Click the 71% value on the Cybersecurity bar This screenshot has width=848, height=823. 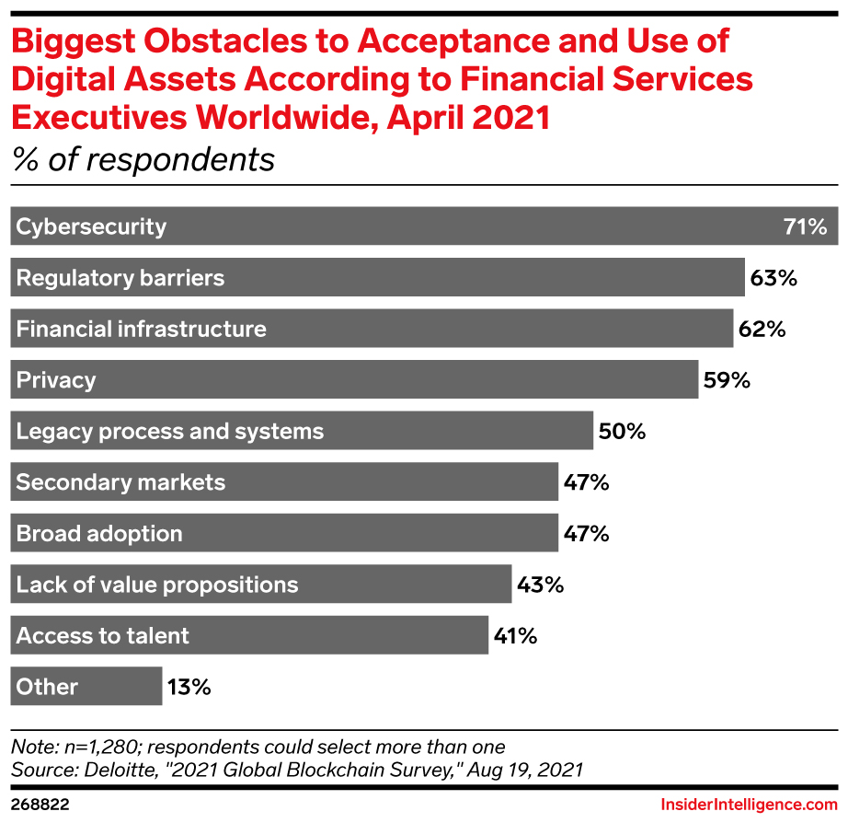(x=805, y=226)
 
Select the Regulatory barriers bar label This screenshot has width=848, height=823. (x=120, y=278)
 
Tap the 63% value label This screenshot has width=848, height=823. (x=773, y=278)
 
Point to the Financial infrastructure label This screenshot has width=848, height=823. (x=142, y=329)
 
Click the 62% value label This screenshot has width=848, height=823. (x=762, y=329)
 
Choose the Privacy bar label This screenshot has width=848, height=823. (x=56, y=380)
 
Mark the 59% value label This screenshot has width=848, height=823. (x=727, y=380)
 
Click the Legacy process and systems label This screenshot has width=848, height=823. (x=170, y=431)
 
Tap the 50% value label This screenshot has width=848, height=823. (x=622, y=431)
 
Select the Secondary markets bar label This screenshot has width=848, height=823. (x=120, y=482)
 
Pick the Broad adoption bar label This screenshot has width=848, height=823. (x=99, y=534)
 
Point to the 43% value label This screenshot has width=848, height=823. (x=540, y=585)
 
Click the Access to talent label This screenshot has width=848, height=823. (x=103, y=636)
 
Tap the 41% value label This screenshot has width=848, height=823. (x=516, y=636)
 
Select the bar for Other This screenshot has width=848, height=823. (x=86, y=687)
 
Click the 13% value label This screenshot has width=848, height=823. (x=189, y=687)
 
